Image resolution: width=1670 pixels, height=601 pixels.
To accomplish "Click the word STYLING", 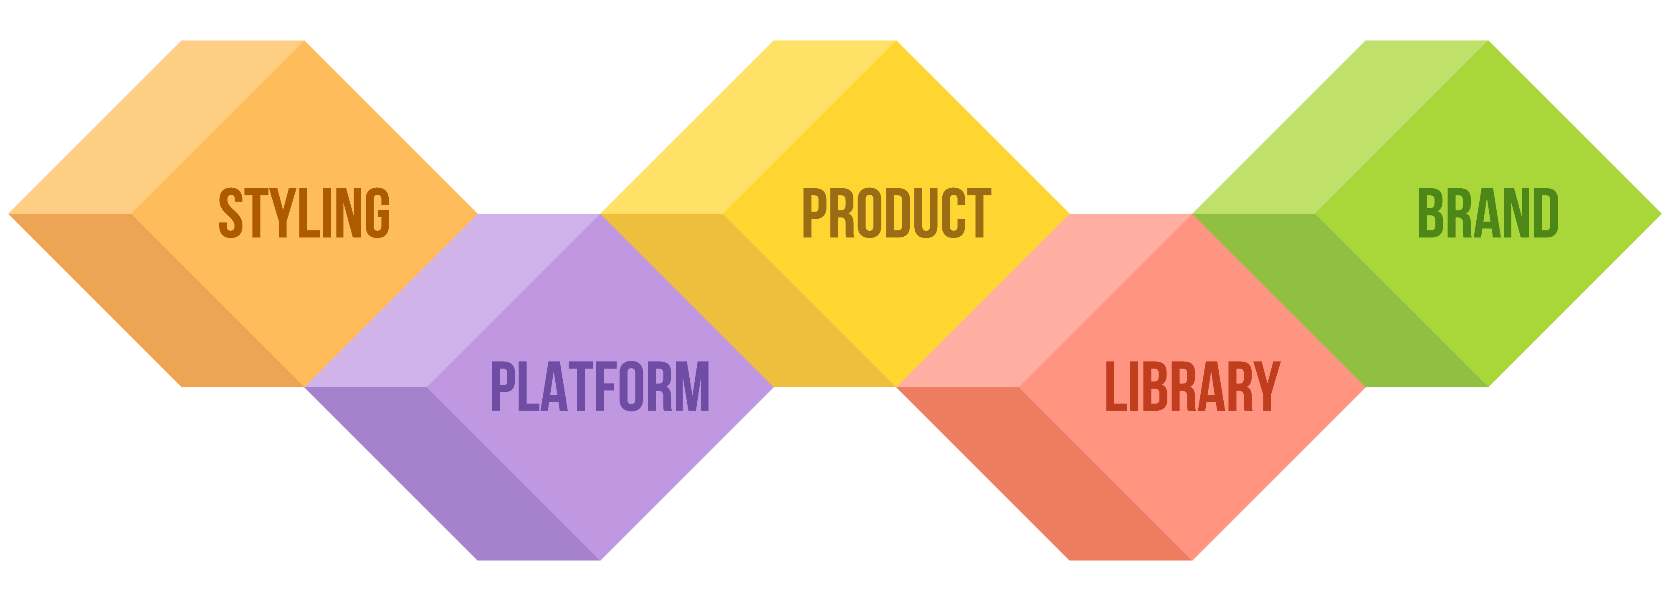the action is (304, 213).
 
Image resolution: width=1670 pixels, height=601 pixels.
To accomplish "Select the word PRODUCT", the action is (897, 213).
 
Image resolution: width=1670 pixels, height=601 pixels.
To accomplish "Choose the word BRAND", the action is (1488, 213).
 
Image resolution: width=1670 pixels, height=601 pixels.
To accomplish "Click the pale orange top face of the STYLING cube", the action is (156, 127).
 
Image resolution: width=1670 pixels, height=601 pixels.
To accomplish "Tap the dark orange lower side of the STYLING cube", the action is (156, 300).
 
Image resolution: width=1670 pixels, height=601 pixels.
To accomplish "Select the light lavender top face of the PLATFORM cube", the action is (453, 300).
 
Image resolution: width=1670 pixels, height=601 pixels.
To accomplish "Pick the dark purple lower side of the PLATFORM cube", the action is (453, 473).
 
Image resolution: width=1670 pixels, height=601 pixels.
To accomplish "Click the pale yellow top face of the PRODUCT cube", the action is (749, 127).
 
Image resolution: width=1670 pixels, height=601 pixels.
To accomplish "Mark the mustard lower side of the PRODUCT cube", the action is (749, 300).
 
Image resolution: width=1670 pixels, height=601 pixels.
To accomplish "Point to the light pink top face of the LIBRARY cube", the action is (1045, 300).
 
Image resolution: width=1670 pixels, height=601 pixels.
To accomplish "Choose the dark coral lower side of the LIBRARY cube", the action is (1045, 473).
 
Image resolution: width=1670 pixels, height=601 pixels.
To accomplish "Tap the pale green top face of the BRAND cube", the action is (1341, 127).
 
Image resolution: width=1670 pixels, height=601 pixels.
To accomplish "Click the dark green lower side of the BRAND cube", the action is (1341, 300).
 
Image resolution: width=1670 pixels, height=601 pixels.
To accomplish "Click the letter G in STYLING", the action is (378, 213).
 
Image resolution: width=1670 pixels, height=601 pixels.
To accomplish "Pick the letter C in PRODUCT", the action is (953, 213).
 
